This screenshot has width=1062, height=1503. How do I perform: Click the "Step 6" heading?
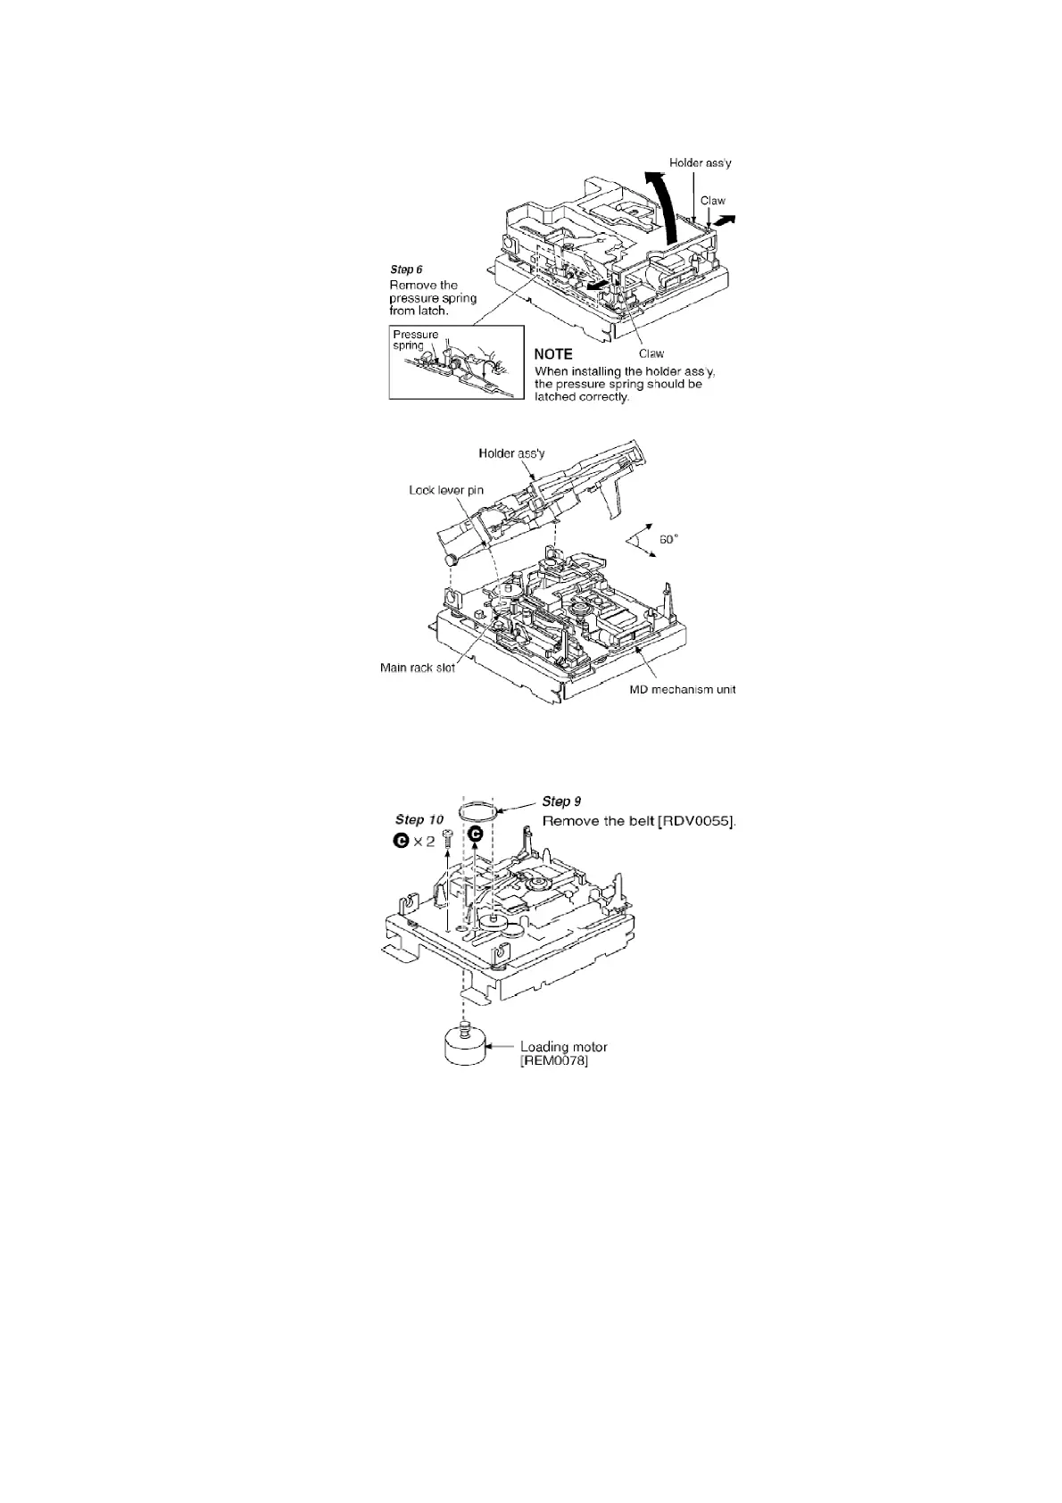(406, 269)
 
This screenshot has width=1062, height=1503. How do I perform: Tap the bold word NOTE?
(553, 354)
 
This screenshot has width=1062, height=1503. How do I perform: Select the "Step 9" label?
(561, 801)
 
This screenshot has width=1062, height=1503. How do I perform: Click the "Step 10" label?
(419, 819)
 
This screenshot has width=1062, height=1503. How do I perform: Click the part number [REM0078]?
(554, 1061)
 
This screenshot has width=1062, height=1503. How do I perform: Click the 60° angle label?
(669, 539)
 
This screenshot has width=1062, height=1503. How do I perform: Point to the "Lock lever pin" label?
(446, 490)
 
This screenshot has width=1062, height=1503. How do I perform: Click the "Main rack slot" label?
(418, 668)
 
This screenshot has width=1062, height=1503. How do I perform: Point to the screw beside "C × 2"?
(448, 836)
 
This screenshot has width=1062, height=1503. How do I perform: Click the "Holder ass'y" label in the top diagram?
(701, 163)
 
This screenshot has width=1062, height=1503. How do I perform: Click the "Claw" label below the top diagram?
(651, 353)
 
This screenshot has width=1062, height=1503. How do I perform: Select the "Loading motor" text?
(564, 1047)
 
